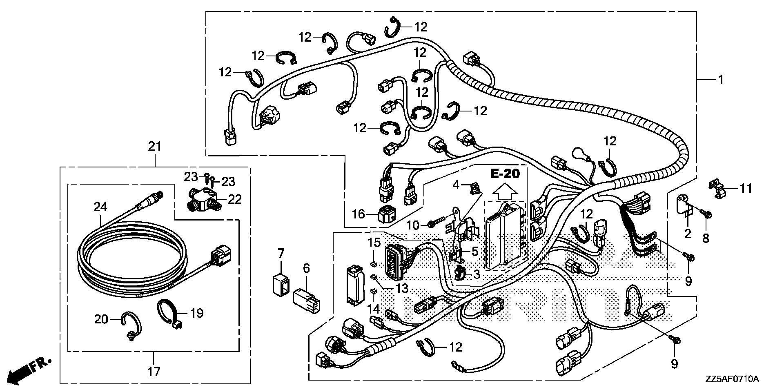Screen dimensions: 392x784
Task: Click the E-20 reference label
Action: (x=505, y=174)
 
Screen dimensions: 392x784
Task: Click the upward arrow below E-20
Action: (x=505, y=190)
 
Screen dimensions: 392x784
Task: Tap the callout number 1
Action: (x=721, y=80)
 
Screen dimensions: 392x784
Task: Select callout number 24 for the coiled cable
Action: (x=100, y=207)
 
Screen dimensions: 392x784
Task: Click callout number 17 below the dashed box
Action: (x=154, y=372)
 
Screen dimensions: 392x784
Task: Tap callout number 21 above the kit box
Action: (x=155, y=146)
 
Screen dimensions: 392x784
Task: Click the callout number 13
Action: (x=402, y=289)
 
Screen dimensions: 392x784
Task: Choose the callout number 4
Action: (x=456, y=185)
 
